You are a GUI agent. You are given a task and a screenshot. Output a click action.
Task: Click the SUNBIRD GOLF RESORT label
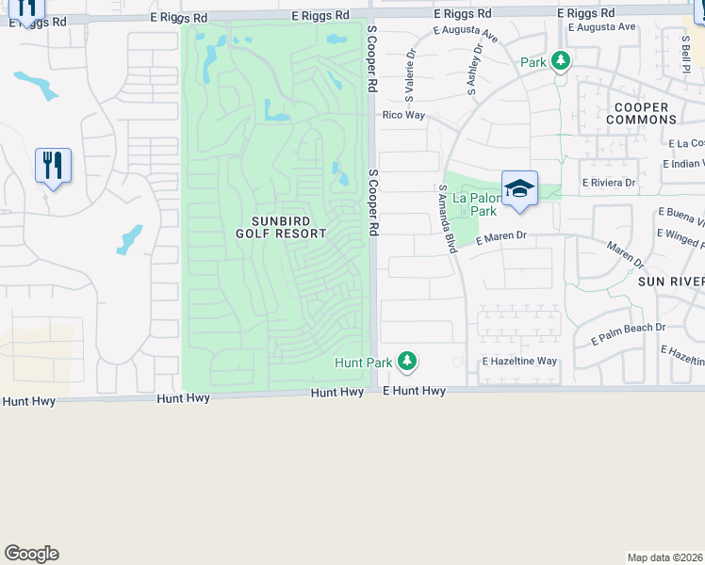point(281,227)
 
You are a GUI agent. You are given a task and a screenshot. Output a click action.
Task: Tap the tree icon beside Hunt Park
point(407,361)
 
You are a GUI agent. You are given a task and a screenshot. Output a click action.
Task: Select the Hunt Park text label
point(364,363)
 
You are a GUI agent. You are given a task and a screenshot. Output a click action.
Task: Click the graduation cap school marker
point(519,188)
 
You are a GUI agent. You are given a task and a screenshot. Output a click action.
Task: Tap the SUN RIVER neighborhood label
point(671,282)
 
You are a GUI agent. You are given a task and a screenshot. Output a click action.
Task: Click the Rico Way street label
point(403,115)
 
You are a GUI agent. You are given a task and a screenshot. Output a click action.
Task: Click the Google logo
point(31,554)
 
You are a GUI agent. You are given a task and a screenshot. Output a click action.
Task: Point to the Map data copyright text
point(665,557)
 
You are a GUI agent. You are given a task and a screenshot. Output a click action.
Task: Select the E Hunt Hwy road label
point(414,391)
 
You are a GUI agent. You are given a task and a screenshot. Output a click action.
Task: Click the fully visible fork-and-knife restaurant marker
point(53,166)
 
